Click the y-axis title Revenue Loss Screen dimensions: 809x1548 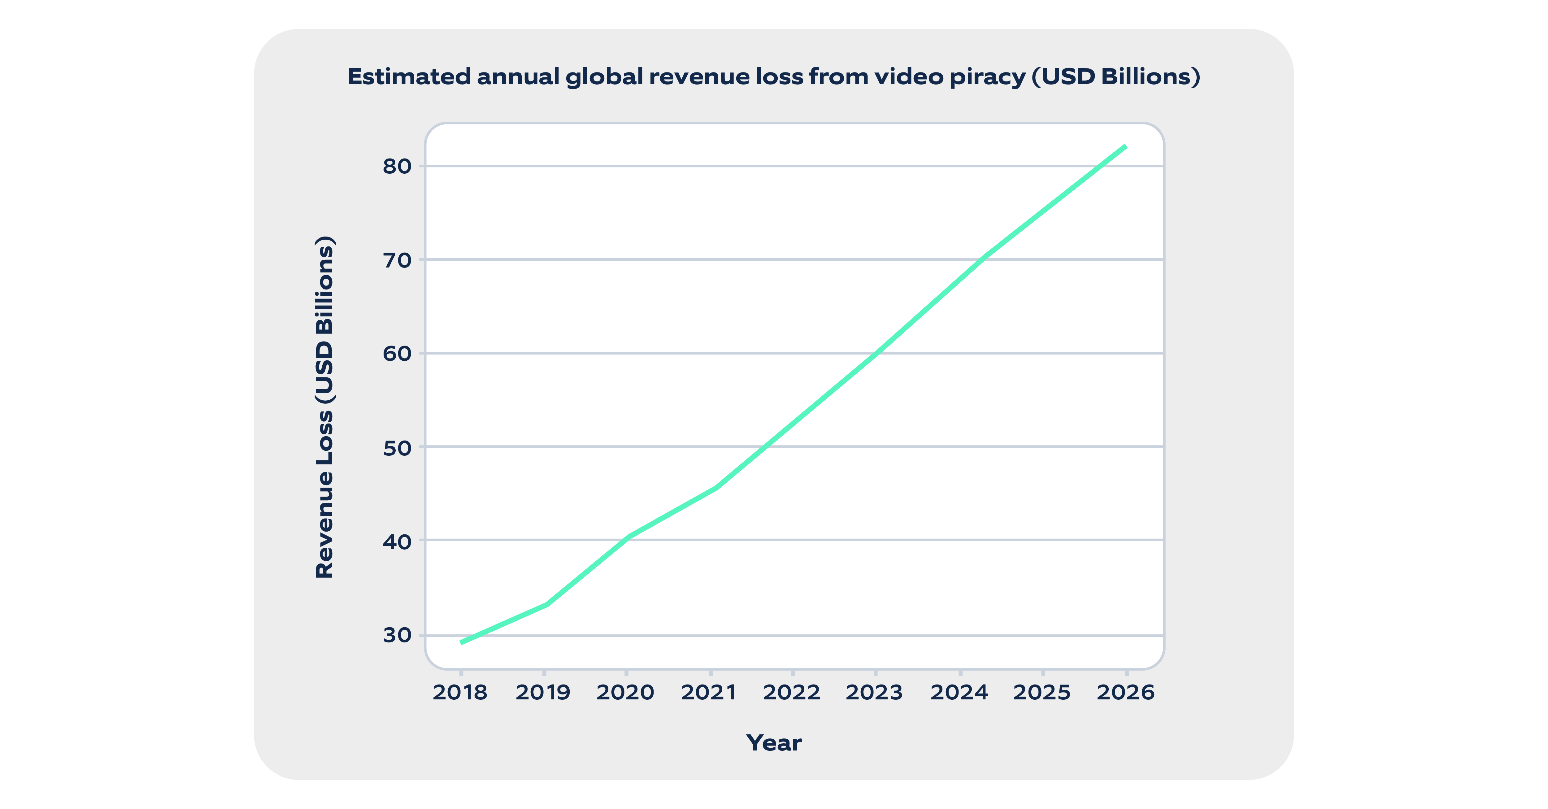pos(324,407)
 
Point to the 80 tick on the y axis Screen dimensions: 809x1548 pos(397,167)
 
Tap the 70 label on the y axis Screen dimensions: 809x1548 pos(397,260)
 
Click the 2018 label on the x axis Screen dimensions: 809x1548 pos(460,692)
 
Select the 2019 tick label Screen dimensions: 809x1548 pos(543,692)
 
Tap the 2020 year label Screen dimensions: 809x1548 pos(626,692)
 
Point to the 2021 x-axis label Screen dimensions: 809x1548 pos(709,692)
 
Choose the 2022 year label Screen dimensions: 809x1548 pos(792,692)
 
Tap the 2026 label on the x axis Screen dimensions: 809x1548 pos(1125,692)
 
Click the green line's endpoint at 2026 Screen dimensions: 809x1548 pos(1125,147)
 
